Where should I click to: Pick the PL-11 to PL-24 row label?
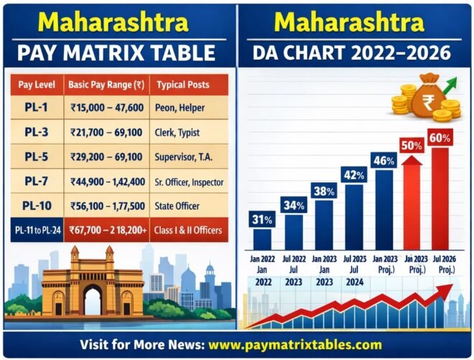click(x=35, y=230)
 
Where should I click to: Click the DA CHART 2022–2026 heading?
click(x=355, y=52)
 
